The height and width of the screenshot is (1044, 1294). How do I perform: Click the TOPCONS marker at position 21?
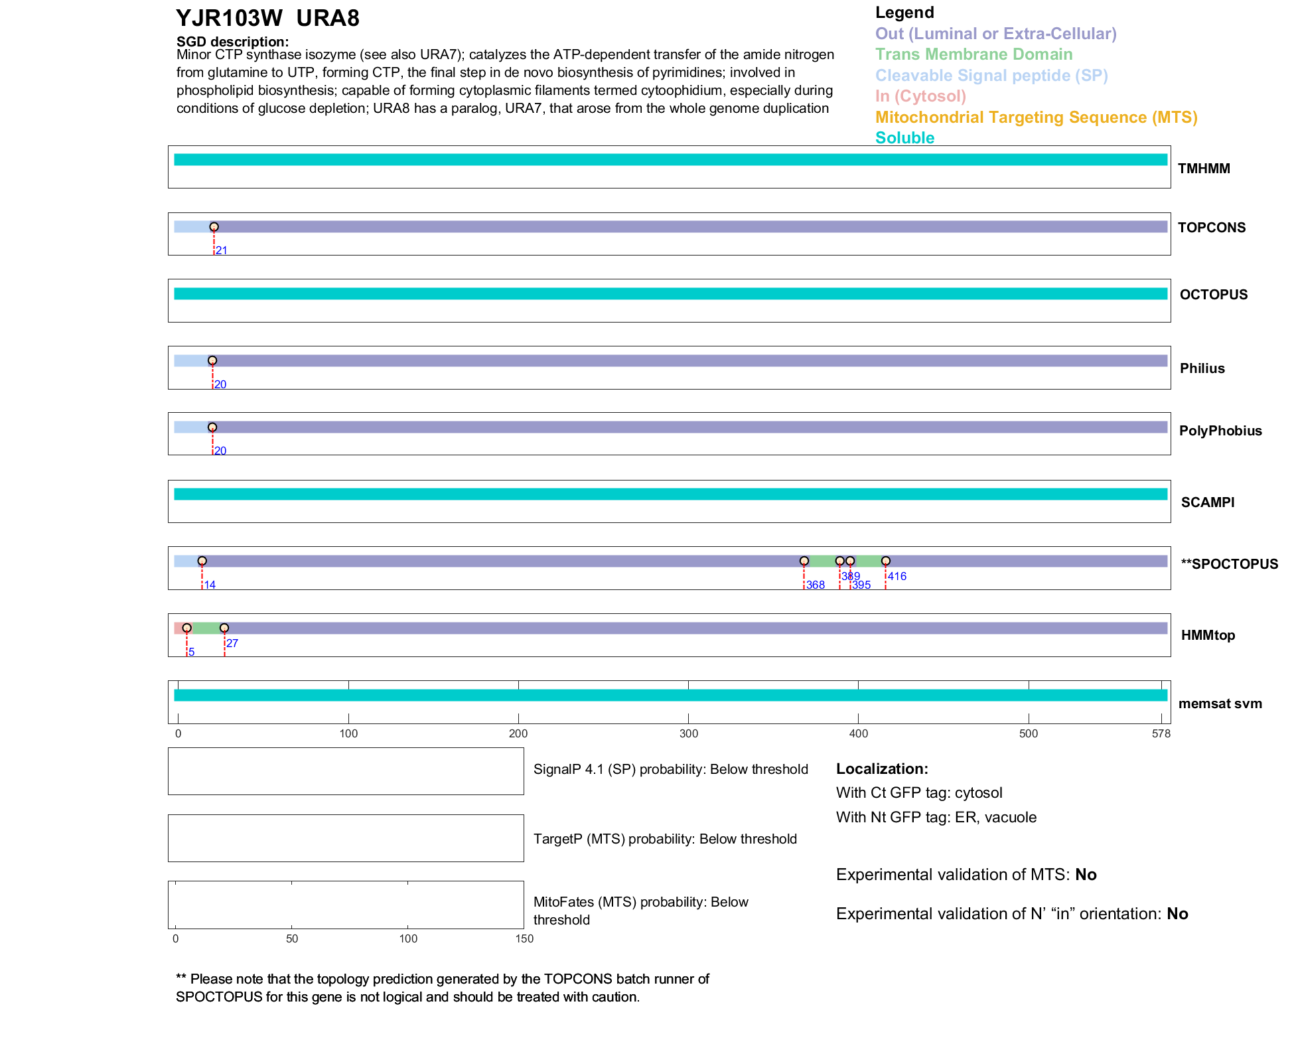[x=214, y=227]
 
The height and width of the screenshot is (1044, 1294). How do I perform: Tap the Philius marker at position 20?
[x=212, y=361]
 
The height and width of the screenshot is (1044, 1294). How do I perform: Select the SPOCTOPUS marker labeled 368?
[x=804, y=561]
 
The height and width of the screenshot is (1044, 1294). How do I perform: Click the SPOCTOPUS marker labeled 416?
[x=886, y=561]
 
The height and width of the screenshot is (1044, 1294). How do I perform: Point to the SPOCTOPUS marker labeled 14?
[x=202, y=561]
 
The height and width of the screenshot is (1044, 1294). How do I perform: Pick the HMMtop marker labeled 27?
[x=224, y=628]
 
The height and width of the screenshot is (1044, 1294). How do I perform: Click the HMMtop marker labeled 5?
[x=187, y=628]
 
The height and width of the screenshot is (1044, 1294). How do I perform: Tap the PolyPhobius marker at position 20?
[x=212, y=427]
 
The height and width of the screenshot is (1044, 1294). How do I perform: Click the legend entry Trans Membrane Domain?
[x=973, y=54]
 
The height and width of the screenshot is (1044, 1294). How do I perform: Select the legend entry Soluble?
[x=904, y=138]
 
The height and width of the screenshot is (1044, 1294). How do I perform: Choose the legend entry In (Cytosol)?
[x=920, y=96]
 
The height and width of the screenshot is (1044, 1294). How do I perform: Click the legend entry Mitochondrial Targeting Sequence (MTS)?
[x=1036, y=117]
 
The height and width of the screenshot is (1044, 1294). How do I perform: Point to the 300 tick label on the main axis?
[x=689, y=733]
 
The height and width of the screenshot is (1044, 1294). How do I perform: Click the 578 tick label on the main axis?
[x=1161, y=733]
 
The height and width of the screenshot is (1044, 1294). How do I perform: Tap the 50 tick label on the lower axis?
[x=292, y=938]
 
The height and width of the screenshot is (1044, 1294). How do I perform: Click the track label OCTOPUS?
[x=1213, y=295]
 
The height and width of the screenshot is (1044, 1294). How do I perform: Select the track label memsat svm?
[x=1220, y=704]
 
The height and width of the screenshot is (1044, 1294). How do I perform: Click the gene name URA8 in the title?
[x=328, y=19]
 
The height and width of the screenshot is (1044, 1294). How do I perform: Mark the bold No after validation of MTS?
[x=1086, y=875]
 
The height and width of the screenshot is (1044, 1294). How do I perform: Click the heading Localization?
[x=882, y=769]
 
